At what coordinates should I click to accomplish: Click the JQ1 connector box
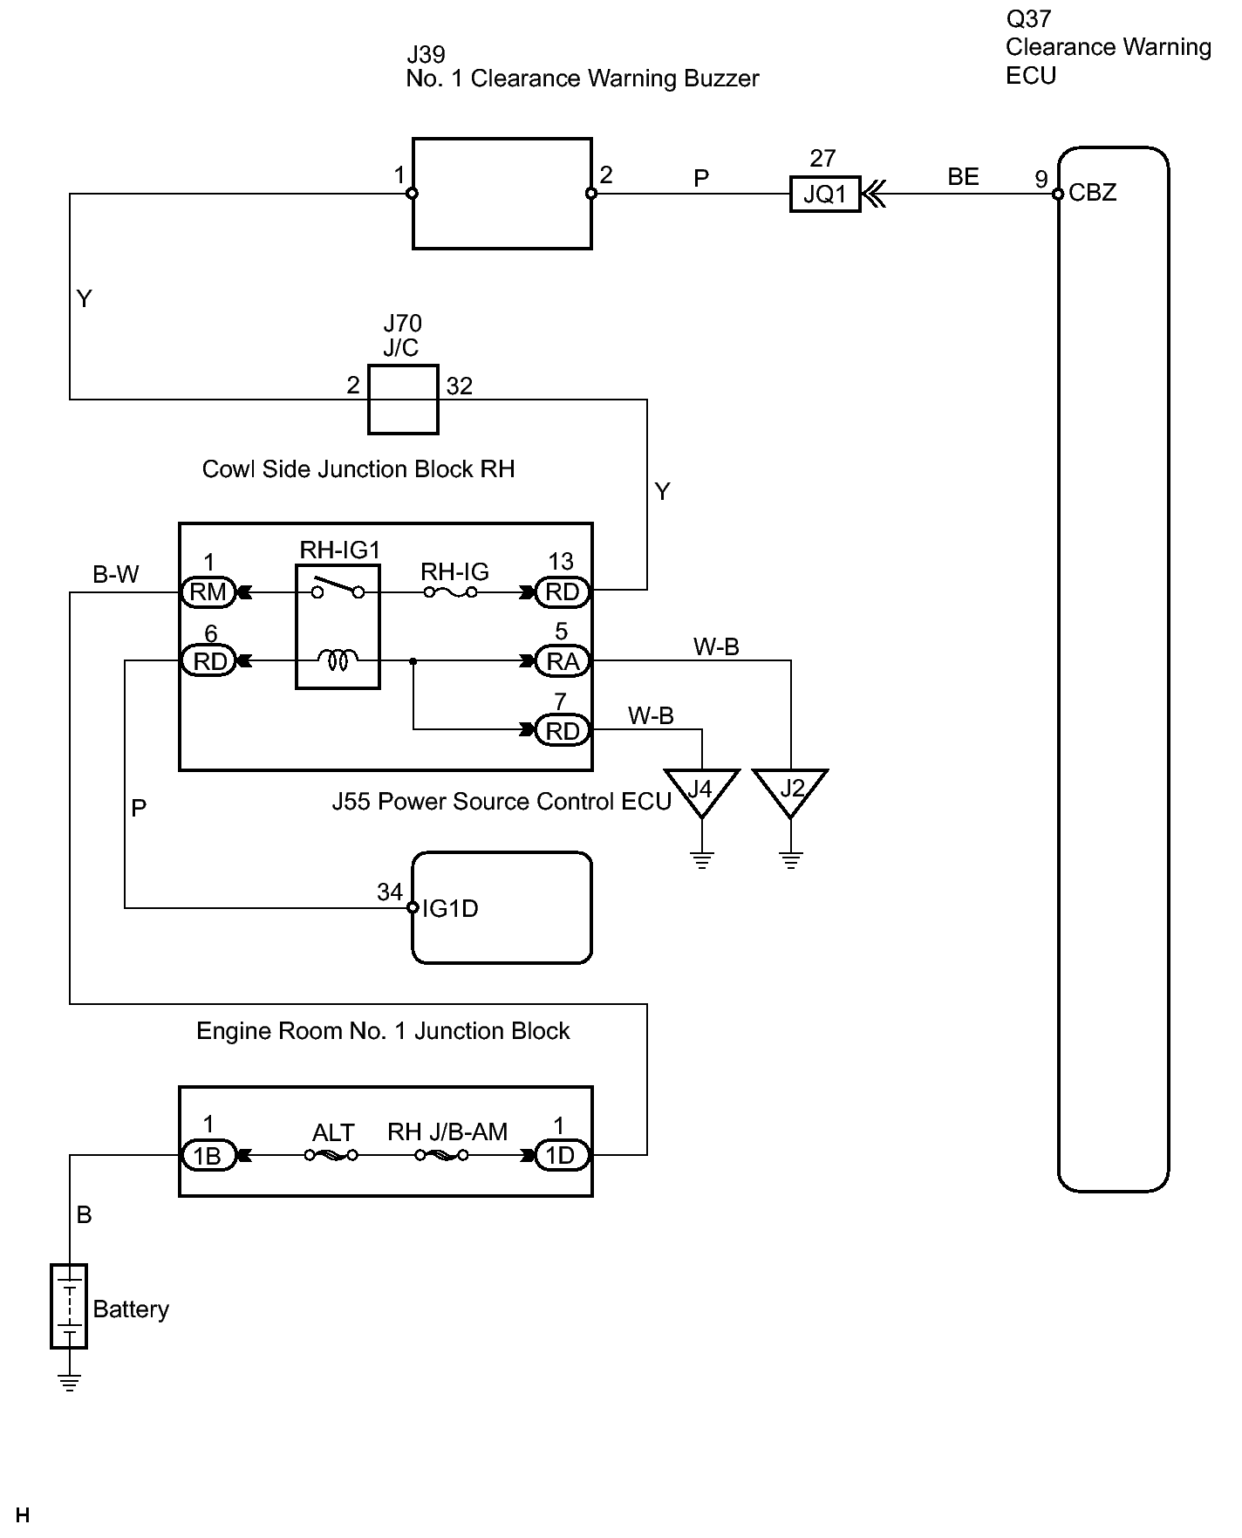pyautogui.click(x=825, y=194)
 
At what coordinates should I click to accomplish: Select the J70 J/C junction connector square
pyautogui.click(x=403, y=400)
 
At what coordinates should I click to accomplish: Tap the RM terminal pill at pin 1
pyautogui.click(x=208, y=592)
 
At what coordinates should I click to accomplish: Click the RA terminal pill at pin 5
pyautogui.click(x=563, y=661)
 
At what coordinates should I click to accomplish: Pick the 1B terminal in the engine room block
pyautogui.click(x=208, y=1156)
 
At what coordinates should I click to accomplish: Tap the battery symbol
pyautogui.click(x=69, y=1306)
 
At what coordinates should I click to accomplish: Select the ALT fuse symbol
pyautogui.click(x=331, y=1156)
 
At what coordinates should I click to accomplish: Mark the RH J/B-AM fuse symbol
pyautogui.click(x=441, y=1156)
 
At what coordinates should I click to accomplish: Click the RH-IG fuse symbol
pyautogui.click(x=451, y=592)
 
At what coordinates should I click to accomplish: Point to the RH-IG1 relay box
pyautogui.click(x=338, y=626)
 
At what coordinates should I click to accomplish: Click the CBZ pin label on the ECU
pyautogui.click(x=1092, y=193)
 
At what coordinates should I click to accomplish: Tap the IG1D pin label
pyautogui.click(x=450, y=909)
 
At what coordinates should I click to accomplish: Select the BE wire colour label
pyautogui.click(x=963, y=177)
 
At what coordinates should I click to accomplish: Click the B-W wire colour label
pyautogui.click(x=116, y=575)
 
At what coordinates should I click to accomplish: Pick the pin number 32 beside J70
pyautogui.click(x=460, y=386)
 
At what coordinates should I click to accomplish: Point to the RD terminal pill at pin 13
pyautogui.click(x=563, y=592)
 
